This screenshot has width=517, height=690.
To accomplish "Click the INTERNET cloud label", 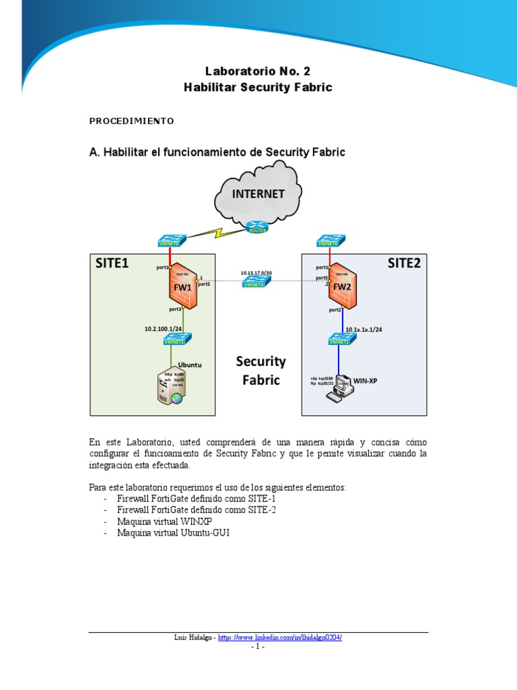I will pyautogui.click(x=258, y=194).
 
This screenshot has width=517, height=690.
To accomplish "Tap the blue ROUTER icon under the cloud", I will pyautogui.click(x=257, y=228).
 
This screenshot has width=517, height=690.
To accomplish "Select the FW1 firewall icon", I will pyautogui.click(x=183, y=286).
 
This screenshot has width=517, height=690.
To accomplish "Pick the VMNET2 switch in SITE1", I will pyautogui.click(x=174, y=340).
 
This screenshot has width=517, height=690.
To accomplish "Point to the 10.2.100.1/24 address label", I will pyautogui.click(x=164, y=330).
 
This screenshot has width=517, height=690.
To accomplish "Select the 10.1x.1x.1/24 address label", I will pyautogui.click(x=364, y=330).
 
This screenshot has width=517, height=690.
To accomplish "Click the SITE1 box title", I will pyautogui.click(x=112, y=263).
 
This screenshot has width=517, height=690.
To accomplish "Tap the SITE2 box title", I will pyautogui.click(x=403, y=263).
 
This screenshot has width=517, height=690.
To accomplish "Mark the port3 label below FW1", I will pyautogui.click(x=175, y=309).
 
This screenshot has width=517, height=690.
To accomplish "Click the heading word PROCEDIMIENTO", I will pyautogui.click(x=131, y=121).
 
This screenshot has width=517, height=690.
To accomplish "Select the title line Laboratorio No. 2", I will pyautogui.click(x=258, y=71).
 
